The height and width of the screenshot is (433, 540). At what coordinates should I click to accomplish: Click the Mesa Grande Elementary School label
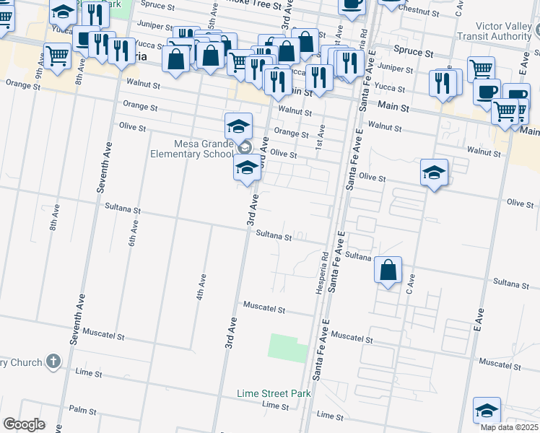191,147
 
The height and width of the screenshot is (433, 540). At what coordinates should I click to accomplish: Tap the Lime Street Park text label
274,393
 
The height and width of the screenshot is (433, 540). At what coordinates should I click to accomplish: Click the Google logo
24,424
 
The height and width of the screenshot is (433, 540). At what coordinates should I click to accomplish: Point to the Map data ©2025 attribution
510,427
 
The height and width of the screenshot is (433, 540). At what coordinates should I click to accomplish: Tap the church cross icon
53,361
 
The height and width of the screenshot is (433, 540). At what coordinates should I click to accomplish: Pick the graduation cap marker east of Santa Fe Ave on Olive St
433,172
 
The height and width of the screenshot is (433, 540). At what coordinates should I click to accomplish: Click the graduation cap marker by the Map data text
487,410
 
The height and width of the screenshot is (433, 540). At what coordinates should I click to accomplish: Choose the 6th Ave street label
132,235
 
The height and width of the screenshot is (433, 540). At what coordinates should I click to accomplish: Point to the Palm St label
82,409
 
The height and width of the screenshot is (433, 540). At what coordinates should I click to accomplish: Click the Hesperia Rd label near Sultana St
325,266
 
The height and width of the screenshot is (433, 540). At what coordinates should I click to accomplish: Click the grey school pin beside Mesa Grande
244,148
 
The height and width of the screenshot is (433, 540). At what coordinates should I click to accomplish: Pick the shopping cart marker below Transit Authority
480,69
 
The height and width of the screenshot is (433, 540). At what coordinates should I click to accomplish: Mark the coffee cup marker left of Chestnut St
352,4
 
